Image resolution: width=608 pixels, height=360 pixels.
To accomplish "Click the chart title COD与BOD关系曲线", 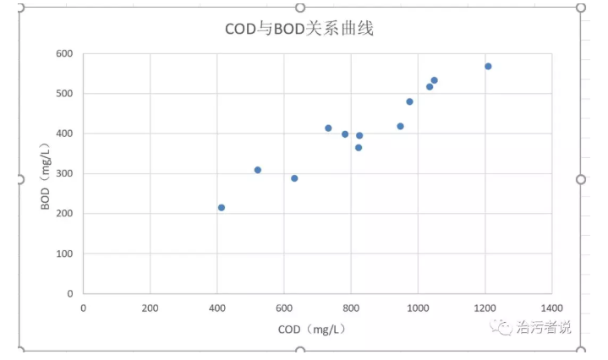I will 299,29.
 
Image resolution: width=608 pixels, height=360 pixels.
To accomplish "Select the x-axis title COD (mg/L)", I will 311,329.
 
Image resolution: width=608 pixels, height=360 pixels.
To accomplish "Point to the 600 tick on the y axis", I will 64,53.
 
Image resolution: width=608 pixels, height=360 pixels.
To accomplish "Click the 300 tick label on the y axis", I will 64,173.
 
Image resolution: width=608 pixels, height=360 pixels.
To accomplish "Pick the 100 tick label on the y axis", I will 64,254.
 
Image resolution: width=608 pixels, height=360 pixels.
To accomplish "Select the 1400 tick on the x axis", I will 551,308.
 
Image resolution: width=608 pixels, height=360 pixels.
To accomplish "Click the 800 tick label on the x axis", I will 351,308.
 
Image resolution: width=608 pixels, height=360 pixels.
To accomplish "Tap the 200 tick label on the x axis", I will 150,308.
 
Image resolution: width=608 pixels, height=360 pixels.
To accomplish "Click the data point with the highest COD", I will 488,66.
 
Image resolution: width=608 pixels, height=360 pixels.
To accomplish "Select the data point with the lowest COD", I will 222,207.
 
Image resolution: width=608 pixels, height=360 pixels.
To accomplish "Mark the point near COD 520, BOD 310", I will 258,170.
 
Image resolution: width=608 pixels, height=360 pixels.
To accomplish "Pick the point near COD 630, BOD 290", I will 294,178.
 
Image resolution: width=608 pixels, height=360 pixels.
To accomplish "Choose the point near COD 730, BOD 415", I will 328,128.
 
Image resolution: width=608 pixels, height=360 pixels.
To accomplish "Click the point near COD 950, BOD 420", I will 400,126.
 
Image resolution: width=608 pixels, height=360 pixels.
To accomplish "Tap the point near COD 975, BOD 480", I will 409,101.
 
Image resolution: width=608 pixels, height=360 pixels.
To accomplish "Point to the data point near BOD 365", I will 358,147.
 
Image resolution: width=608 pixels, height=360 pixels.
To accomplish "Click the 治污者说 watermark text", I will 544,327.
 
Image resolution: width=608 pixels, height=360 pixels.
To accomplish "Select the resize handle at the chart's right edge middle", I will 581,179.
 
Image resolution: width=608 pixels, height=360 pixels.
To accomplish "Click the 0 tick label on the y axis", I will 69,293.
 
